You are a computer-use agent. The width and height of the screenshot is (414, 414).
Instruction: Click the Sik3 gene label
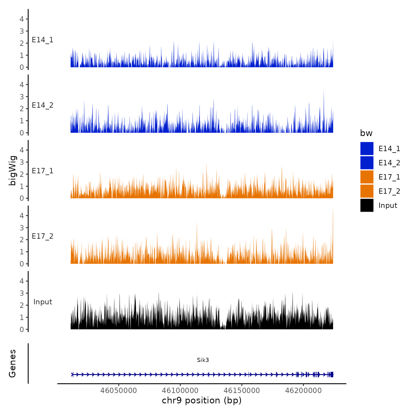(203, 360)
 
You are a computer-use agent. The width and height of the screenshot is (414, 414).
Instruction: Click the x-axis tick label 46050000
(119, 391)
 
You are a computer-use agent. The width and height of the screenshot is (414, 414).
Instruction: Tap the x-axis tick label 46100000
(180, 391)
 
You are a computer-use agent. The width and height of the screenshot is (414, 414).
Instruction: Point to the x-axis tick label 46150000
(242, 391)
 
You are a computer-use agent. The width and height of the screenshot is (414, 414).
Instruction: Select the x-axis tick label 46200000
(303, 391)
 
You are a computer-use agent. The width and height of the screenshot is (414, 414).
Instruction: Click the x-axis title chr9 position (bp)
(202, 400)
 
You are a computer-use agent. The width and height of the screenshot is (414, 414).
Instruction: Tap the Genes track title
(12, 363)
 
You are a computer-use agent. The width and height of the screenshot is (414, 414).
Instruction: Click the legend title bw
(366, 133)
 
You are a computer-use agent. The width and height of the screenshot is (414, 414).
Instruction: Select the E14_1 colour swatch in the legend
(367, 148)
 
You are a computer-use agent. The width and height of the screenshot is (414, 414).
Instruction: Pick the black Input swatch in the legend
(367, 205)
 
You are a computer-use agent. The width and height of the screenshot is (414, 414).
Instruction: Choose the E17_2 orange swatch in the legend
(367, 191)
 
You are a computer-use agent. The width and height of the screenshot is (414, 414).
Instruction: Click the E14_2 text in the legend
(389, 163)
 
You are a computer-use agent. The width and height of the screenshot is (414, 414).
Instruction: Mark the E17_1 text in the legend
(389, 177)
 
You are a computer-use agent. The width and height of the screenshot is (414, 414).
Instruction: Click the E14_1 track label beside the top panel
(43, 40)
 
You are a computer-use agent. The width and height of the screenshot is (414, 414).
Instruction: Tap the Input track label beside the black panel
(43, 302)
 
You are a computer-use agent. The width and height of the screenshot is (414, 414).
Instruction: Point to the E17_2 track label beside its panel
(43, 236)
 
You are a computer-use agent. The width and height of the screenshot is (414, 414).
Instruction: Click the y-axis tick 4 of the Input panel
(22, 281)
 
